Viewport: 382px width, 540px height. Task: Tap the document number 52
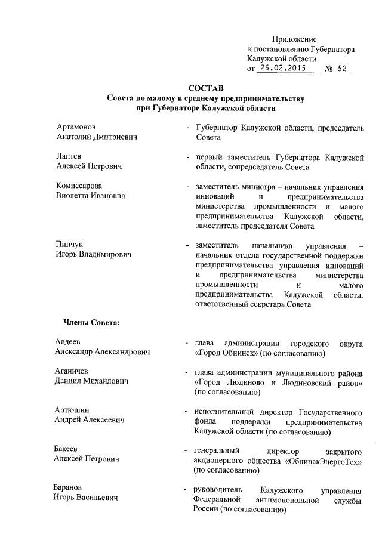coord(342,69)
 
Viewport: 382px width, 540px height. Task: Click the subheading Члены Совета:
coord(91,323)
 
